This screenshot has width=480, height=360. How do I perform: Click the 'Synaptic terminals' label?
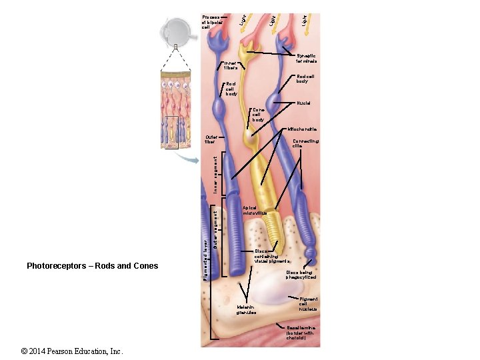306,59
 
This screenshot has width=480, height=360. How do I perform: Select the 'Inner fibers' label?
231,65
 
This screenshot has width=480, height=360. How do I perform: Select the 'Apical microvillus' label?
255,210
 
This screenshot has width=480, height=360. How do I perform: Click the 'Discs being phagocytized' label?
301,275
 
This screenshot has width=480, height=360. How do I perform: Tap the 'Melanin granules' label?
247,309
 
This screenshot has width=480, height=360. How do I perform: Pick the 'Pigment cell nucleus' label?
308,305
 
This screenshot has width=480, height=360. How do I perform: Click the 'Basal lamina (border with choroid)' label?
305,333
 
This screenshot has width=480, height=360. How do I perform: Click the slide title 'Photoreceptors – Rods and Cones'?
93,266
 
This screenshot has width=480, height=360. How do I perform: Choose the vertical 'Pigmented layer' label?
206,255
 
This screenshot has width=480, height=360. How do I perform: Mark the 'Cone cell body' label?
258,115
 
